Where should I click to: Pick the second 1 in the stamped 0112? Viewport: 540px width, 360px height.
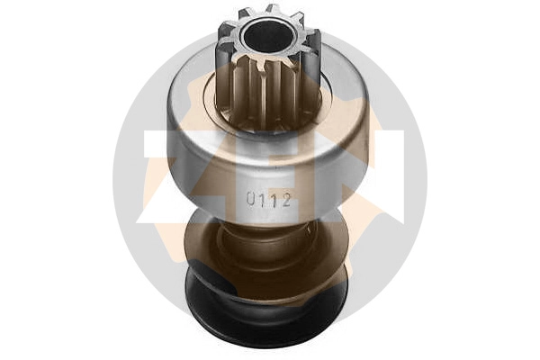274,200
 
